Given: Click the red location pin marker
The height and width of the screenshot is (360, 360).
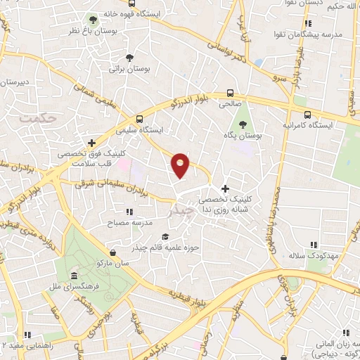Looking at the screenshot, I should [x=180, y=165].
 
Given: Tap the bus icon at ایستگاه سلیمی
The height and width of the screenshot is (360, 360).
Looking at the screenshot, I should [x=139, y=118].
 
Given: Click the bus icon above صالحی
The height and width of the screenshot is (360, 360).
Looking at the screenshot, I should [x=230, y=93].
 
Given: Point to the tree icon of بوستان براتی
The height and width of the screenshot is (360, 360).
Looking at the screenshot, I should [x=129, y=58].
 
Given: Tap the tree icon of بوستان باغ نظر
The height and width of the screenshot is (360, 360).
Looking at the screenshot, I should [x=92, y=19].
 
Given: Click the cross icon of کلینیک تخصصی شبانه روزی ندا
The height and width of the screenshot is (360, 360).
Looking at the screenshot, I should [x=225, y=188].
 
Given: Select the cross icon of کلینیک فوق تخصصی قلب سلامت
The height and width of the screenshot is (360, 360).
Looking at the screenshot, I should [x=91, y=143].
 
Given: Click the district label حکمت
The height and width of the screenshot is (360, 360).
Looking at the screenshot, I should [x=36, y=118].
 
